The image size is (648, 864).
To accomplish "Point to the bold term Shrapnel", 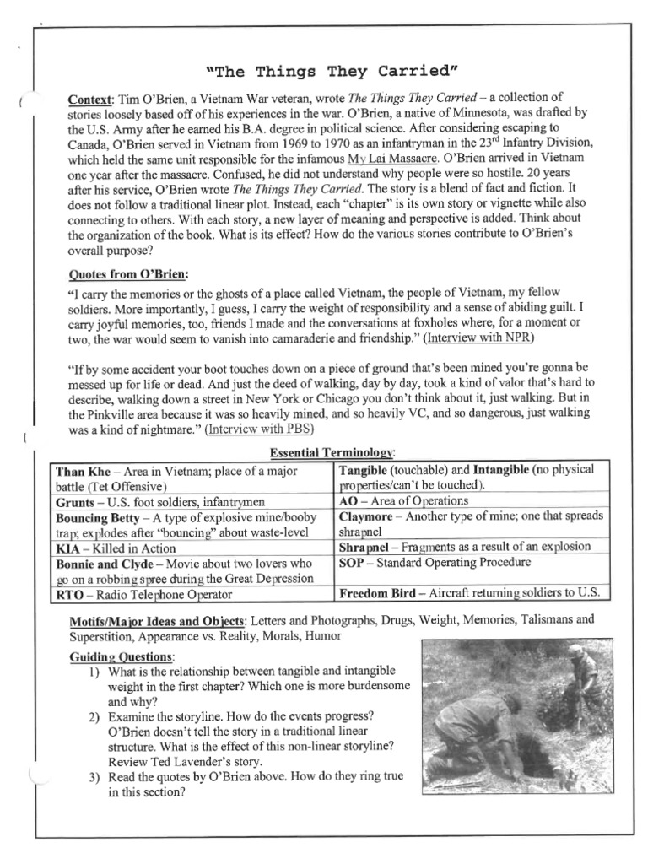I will click(x=367, y=547).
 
